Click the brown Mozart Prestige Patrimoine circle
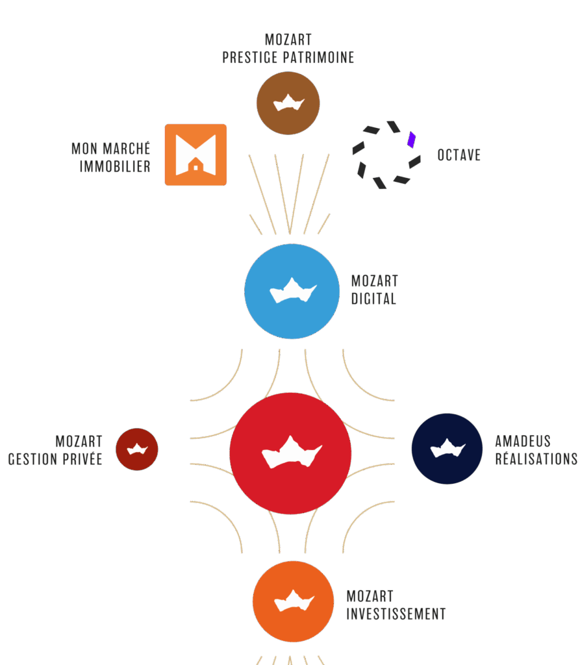click(288, 103)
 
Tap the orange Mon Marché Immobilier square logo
click(195, 155)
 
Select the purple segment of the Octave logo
click(411, 140)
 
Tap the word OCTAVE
click(459, 155)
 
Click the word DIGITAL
click(373, 299)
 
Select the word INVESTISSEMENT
click(396, 614)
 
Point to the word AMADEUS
click(523, 442)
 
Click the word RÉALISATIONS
click(536, 458)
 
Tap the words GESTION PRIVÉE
click(55, 459)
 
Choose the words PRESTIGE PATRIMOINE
click(288, 58)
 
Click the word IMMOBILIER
click(115, 166)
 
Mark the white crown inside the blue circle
click(292, 291)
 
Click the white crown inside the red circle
click(291, 452)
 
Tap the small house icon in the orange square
click(195, 168)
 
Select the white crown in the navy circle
click(447, 447)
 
